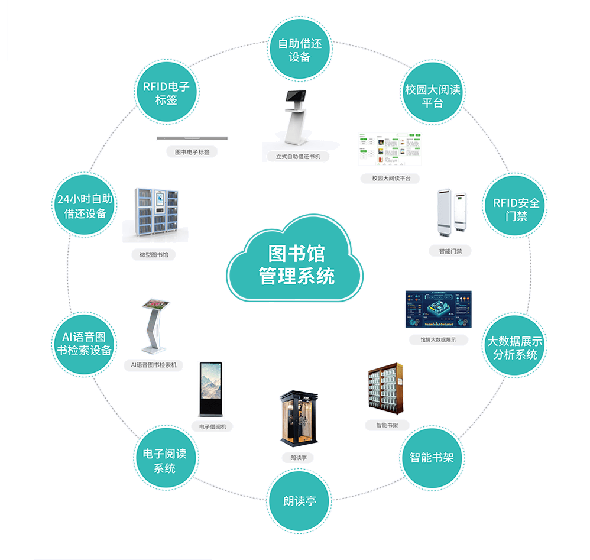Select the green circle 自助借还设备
click(300, 50)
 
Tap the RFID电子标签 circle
click(166, 93)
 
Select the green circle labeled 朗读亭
click(299, 501)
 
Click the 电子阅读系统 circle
click(165, 461)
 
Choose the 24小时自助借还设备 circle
click(85, 206)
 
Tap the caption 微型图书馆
click(154, 255)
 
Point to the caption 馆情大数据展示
click(438, 340)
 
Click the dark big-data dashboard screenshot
click(438, 309)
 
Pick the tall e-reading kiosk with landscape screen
click(211, 389)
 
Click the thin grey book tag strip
click(192, 138)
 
